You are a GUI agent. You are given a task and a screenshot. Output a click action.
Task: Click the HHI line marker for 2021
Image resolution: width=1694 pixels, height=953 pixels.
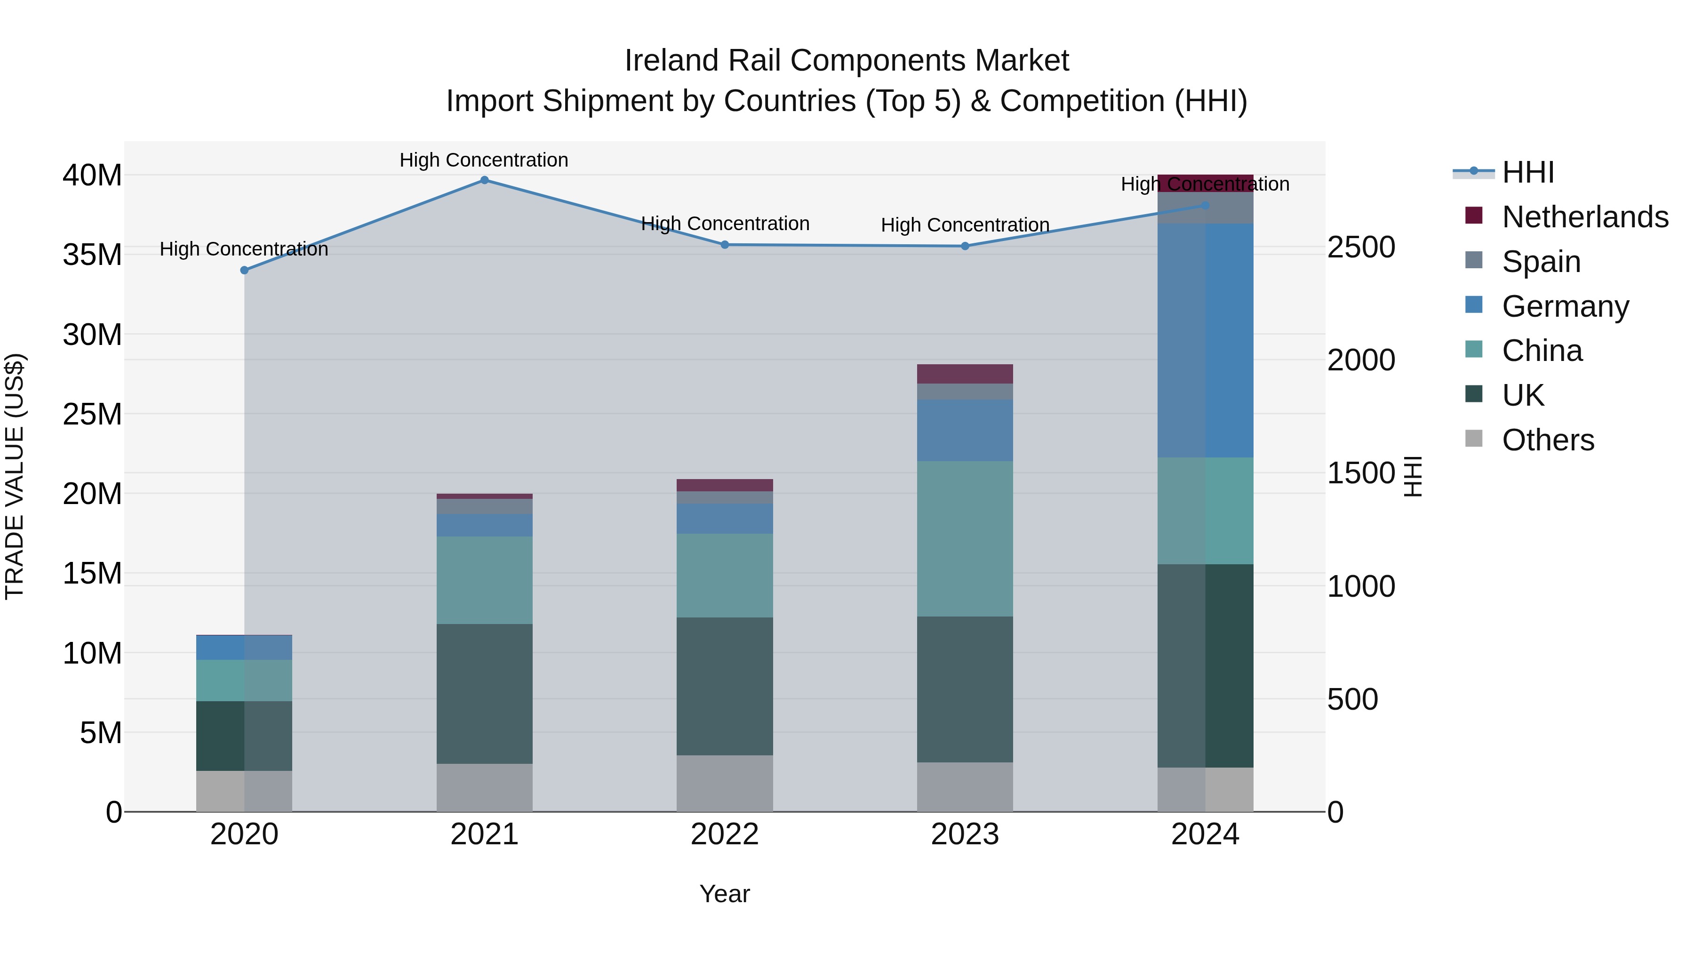click(484, 180)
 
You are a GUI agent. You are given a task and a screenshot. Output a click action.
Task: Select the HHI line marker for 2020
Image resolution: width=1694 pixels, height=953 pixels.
click(245, 270)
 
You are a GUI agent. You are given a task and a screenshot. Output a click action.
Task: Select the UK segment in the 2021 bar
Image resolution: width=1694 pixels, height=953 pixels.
click(484, 693)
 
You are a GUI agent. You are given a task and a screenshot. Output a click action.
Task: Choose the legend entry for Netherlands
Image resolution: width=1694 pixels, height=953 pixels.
click(1585, 217)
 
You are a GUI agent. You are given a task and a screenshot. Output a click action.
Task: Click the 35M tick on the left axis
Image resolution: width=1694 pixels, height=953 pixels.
click(92, 255)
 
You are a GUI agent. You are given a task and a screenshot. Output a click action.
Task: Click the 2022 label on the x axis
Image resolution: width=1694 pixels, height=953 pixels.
click(725, 834)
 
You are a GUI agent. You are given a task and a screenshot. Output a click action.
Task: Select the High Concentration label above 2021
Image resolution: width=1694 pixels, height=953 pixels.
click(484, 160)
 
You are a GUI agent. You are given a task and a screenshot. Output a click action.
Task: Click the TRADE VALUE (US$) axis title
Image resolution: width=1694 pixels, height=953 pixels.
click(15, 476)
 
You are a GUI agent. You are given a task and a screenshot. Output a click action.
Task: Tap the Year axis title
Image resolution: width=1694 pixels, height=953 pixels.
click(725, 894)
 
